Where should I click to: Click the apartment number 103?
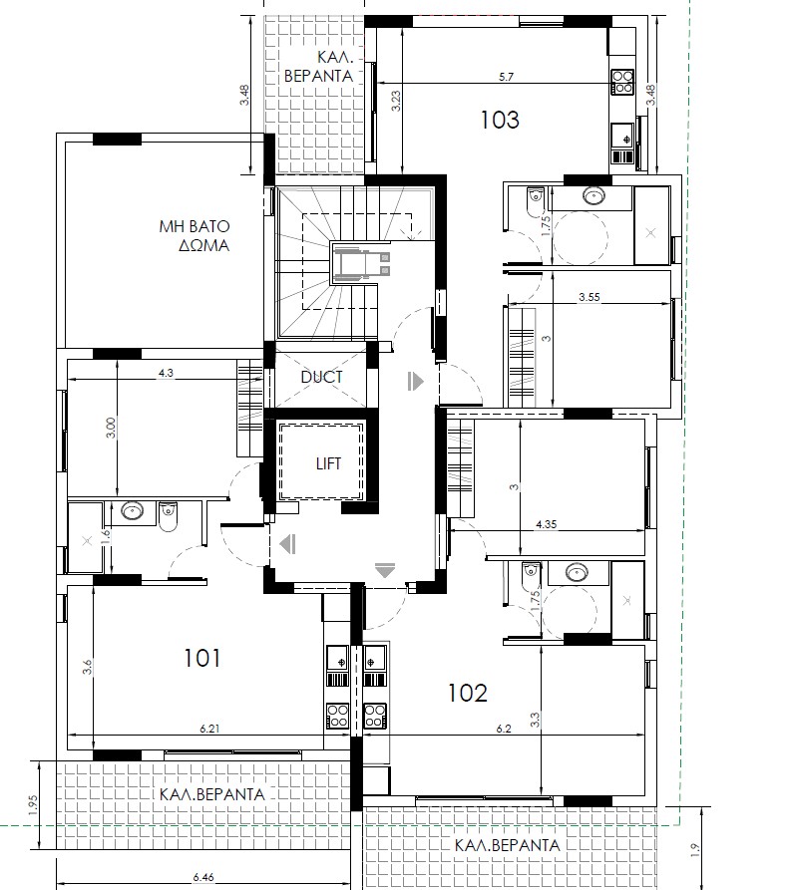tap(500, 120)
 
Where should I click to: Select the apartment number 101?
tap(202, 659)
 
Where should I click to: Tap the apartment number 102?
tap(468, 693)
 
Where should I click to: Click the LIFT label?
tap(328, 463)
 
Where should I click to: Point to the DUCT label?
tap(321, 377)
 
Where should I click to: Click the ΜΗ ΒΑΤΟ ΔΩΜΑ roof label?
tap(195, 235)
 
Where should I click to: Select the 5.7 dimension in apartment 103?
tap(506, 77)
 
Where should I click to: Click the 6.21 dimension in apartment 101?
tap(209, 729)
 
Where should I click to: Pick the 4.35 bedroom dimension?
tap(546, 524)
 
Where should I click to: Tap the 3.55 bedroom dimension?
tap(590, 297)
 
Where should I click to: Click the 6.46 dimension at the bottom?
tap(203, 877)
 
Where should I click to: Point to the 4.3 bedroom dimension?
tap(166, 373)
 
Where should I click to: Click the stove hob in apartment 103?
tap(622, 81)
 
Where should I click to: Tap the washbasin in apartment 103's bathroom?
tap(593, 196)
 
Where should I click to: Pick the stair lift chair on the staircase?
tap(361, 263)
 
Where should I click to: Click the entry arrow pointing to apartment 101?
tap(288, 544)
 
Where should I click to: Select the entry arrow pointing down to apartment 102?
tap(385, 570)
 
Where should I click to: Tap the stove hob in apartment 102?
tap(375, 716)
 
